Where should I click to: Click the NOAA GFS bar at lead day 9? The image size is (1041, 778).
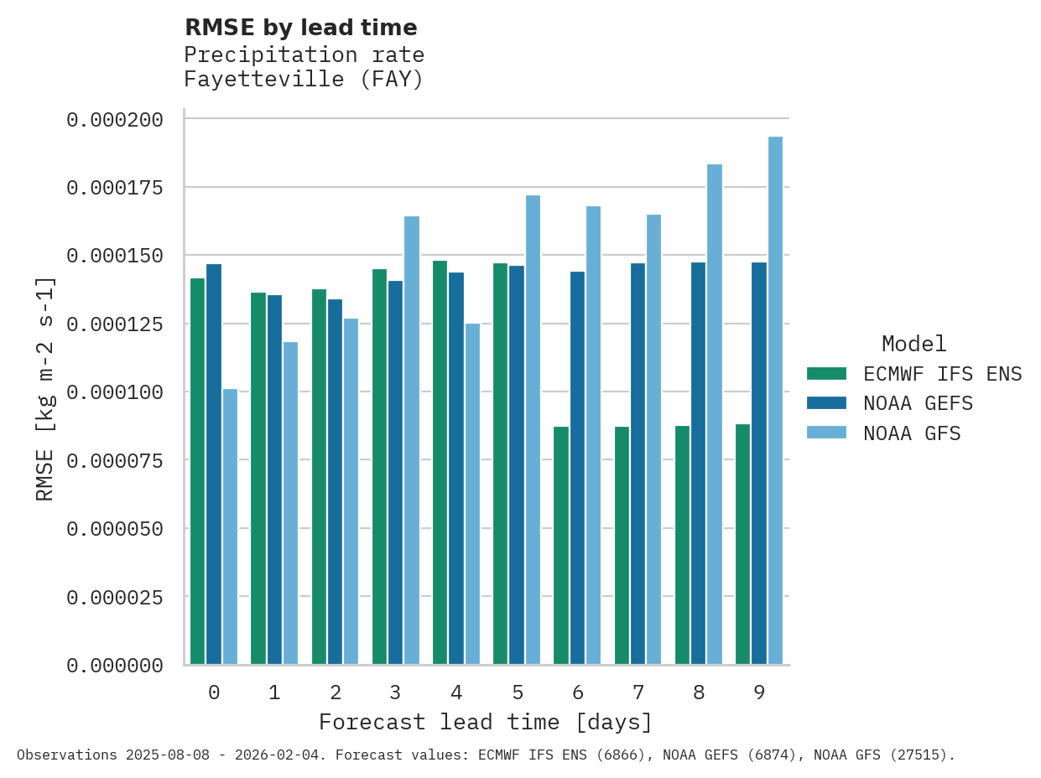coord(775,401)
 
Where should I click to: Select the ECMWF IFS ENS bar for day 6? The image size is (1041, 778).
coord(561,546)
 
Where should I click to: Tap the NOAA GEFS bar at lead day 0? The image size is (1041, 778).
coord(214,464)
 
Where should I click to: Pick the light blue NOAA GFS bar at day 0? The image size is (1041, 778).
coord(230,526)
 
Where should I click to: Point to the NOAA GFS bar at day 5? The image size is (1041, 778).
coord(533,430)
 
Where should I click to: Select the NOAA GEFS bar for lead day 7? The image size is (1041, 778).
coord(638,464)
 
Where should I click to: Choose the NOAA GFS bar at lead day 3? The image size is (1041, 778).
coord(412,440)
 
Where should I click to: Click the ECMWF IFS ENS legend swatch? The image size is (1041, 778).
coord(826,374)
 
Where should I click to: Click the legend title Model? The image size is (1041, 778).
coord(913,345)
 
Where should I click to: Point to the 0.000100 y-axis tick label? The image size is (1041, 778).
coord(115,392)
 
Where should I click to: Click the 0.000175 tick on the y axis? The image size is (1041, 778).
coord(115,187)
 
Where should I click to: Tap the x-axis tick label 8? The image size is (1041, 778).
coord(699,693)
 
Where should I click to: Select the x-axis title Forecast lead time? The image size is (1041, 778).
coord(485,723)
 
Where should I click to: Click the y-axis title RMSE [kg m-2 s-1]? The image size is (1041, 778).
coord(45,389)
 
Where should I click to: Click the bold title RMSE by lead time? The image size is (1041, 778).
coord(300,29)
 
